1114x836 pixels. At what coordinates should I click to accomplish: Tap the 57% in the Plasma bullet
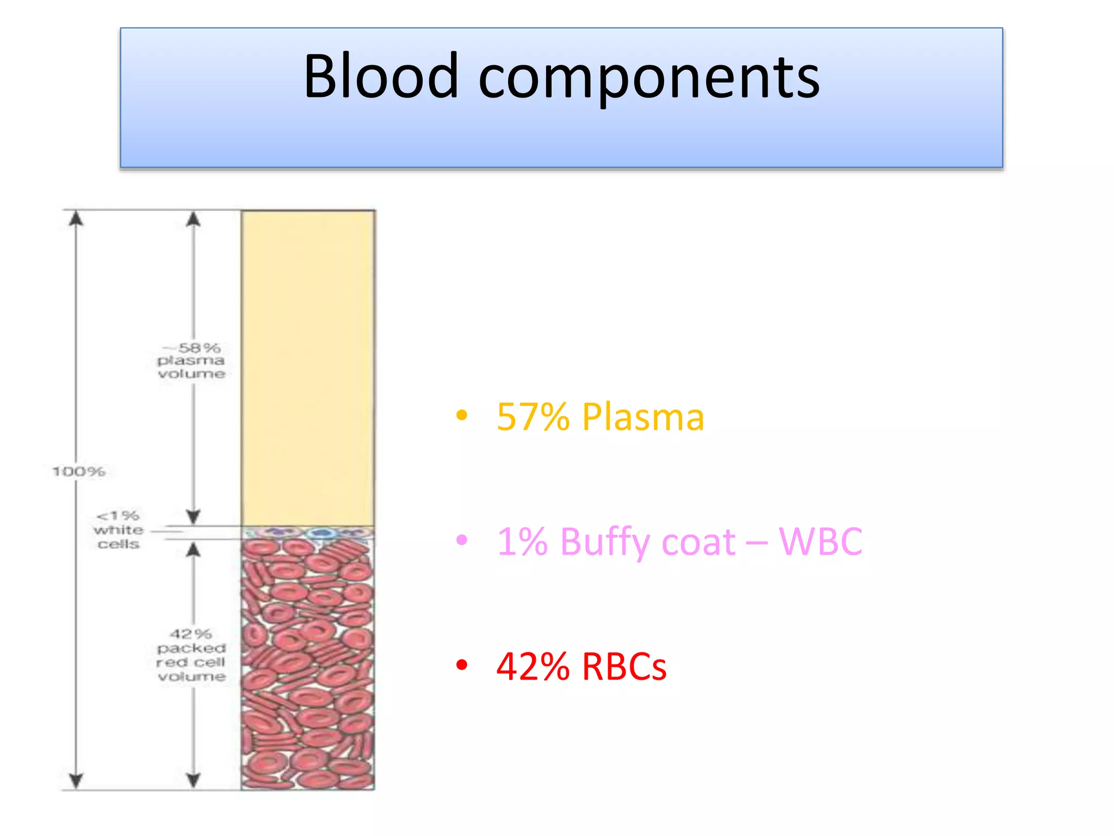pos(533,417)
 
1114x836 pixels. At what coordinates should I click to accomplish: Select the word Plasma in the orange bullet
pos(643,417)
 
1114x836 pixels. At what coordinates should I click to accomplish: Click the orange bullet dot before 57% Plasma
pos(462,415)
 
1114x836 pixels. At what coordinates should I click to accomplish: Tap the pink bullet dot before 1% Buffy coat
pos(462,540)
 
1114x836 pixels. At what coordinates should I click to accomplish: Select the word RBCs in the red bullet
pos(624,667)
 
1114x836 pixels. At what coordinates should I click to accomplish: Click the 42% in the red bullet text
pos(533,667)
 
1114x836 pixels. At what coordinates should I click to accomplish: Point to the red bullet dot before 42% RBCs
pos(462,665)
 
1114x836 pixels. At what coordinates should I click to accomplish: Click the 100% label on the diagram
pos(79,471)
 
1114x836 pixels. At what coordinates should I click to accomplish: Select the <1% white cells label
pos(118,530)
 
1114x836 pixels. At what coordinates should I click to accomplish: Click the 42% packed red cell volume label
pos(191,655)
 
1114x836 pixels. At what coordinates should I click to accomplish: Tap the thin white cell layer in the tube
pos(308,532)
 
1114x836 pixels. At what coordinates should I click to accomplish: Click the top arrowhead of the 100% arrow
pos(76,218)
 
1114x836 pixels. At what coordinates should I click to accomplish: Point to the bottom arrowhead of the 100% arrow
pos(76,781)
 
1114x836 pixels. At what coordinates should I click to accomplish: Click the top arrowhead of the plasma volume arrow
pos(194,219)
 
